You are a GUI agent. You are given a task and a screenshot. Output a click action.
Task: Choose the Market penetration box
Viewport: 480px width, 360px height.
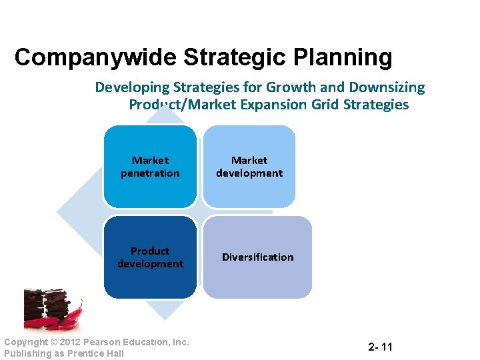150,167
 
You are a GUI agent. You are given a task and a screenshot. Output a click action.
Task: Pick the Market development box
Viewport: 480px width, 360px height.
249,167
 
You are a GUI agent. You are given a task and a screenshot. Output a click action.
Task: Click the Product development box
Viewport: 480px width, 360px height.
150,257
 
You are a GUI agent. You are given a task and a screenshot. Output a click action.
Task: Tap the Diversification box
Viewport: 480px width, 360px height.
257,257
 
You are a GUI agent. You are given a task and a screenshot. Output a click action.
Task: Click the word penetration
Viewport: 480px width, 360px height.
150,173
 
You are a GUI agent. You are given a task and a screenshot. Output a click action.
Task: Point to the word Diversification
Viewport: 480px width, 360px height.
257,257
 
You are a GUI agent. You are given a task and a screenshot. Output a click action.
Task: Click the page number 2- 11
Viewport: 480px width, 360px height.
380,347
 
